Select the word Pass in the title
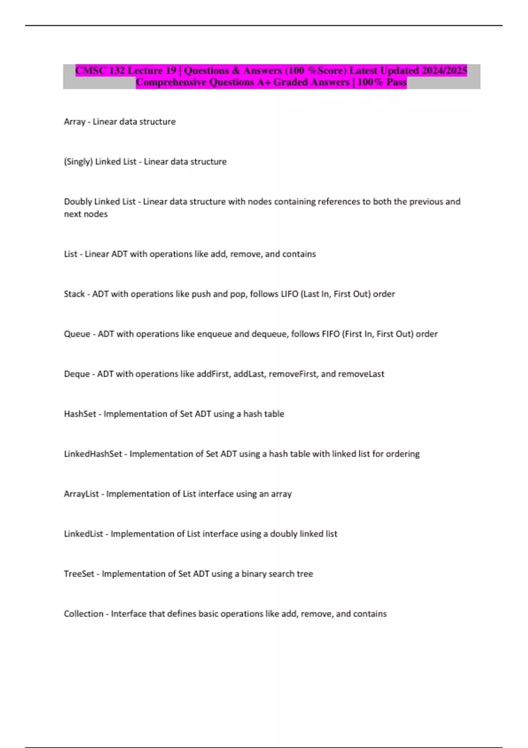(x=396, y=82)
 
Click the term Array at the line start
(x=74, y=122)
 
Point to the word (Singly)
(x=78, y=162)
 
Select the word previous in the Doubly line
(x=426, y=202)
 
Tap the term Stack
(x=74, y=294)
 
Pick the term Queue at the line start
(x=77, y=334)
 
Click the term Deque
(x=77, y=374)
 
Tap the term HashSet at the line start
(x=80, y=414)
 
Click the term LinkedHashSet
(x=93, y=454)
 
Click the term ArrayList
(x=81, y=494)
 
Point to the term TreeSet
(x=79, y=574)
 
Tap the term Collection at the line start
(x=84, y=614)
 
